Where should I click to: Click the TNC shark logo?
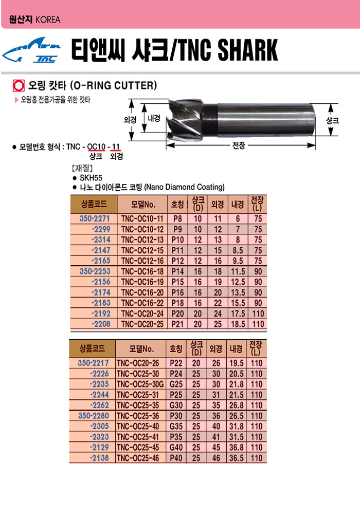tap(31, 50)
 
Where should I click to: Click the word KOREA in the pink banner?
tap(48, 20)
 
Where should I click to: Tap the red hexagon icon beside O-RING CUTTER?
tap(19, 85)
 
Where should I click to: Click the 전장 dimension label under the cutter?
tap(239, 145)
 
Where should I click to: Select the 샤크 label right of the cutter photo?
tap(332, 120)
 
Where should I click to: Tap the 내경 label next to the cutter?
tap(154, 118)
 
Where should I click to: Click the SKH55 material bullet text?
tap(91, 178)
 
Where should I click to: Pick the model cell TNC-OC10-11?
tap(142, 218)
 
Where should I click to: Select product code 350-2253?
tap(95, 271)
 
